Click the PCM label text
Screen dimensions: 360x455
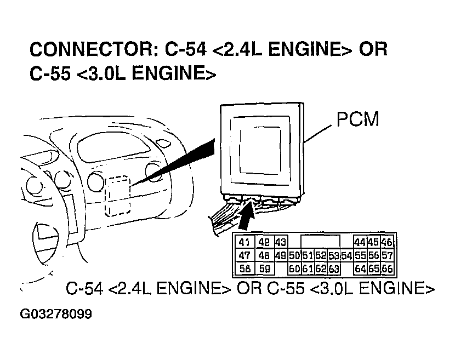357,119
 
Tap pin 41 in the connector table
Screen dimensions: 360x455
244,243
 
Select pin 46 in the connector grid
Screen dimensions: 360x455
387,243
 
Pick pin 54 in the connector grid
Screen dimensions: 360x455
346,256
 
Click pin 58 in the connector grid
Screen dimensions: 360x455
244,269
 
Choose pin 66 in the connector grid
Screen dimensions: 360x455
387,269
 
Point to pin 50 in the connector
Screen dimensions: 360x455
294,256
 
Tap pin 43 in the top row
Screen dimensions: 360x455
281,243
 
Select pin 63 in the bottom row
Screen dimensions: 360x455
333,269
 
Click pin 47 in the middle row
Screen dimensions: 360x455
244,256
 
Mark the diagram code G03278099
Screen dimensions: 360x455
56,315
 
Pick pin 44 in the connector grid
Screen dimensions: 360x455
360,243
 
